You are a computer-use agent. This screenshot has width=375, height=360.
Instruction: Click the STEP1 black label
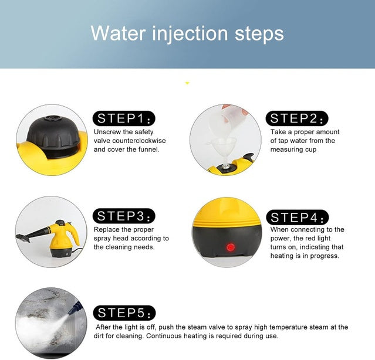[x=124, y=118]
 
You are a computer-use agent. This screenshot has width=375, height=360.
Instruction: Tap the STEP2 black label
[x=297, y=118]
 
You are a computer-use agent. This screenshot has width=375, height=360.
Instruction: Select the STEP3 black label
[x=124, y=216]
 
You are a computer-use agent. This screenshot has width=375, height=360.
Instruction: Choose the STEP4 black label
[x=298, y=218]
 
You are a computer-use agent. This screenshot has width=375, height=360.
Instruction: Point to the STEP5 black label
[x=124, y=313]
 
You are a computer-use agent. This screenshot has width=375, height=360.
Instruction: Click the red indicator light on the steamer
[x=231, y=247]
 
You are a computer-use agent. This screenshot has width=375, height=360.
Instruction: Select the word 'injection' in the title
[x=190, y=34]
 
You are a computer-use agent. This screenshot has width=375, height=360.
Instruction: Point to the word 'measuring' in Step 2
[x=283, y=150]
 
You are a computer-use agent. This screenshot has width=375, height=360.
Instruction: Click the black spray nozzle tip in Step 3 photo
[x=23, y=237]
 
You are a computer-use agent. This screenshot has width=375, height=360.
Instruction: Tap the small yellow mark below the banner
[x=187, y=83]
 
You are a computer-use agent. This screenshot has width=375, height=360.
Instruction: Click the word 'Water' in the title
[x=118, y=33]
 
